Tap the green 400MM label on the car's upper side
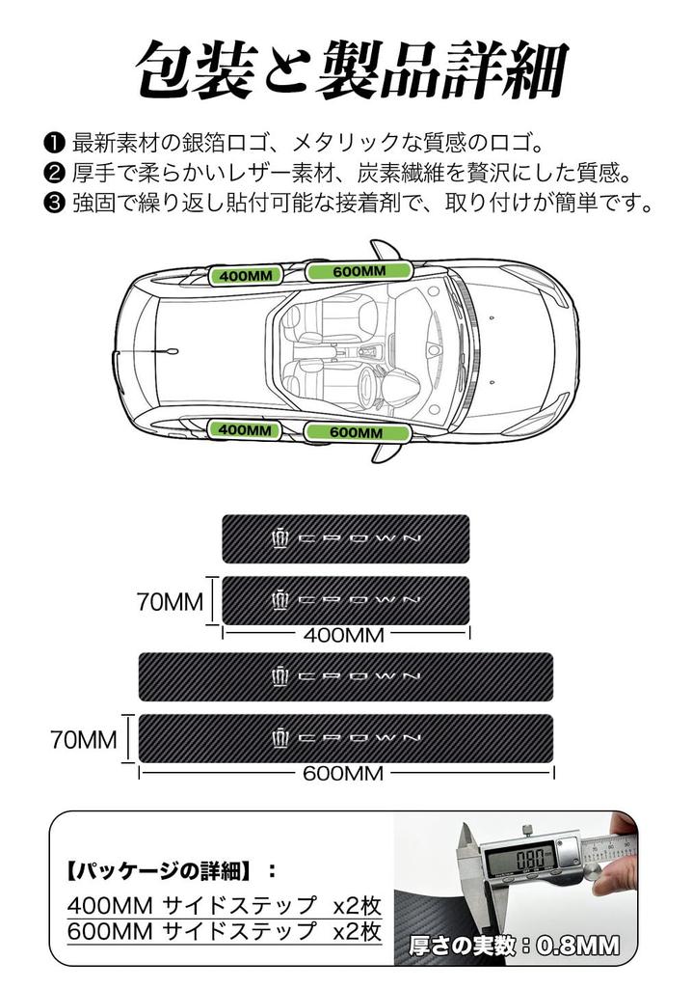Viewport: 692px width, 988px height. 247,276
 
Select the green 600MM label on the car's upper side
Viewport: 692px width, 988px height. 359,271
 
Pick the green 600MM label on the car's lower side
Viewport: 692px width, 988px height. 357,432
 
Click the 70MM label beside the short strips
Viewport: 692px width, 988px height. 170,603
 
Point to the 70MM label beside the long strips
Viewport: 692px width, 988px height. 84,740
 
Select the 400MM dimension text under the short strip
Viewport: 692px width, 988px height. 344,635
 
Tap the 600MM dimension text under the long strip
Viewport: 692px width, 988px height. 343,773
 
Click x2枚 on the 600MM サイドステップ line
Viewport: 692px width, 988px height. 357,931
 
